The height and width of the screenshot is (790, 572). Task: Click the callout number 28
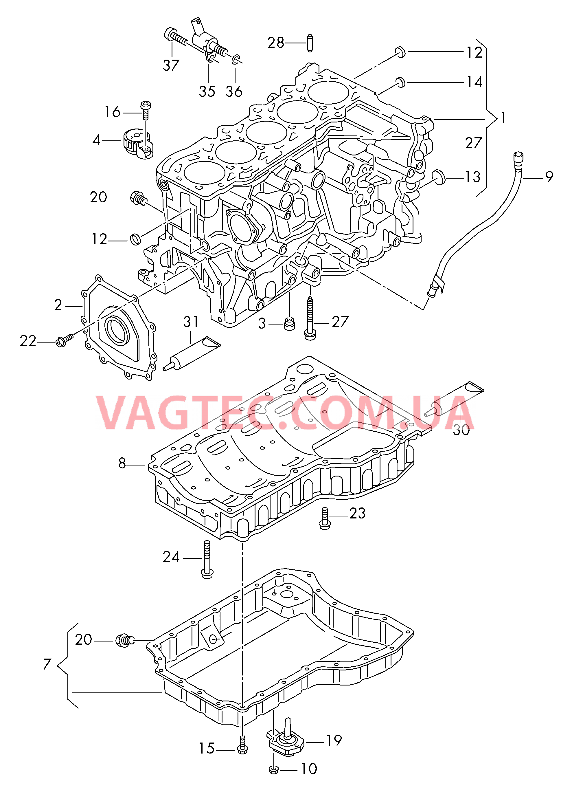[276, 43]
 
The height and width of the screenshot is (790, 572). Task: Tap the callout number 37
[171, 65]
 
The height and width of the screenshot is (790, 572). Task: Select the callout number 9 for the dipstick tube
[549, 177]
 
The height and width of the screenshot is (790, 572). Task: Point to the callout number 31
[191, 322]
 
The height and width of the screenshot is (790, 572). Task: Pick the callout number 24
[171, 557]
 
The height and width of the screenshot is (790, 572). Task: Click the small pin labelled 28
[310, 43]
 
